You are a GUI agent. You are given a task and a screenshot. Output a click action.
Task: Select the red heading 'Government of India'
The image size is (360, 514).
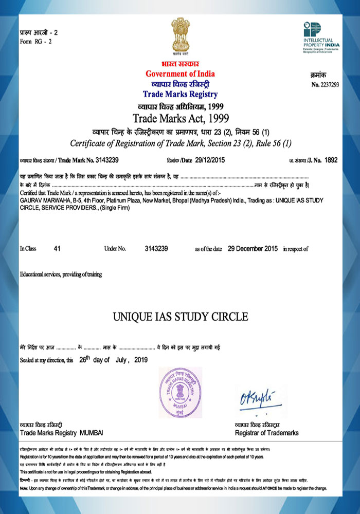click(180, 74)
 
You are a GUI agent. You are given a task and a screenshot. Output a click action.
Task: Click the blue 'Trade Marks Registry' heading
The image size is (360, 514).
click(180, 94)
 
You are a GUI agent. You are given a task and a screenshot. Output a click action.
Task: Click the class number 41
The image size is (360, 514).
click(57, 249)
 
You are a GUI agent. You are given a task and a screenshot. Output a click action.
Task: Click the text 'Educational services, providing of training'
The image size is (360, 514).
click(61, 274)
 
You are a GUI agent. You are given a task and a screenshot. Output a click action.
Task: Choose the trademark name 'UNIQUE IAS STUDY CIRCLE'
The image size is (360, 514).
click(180, 315)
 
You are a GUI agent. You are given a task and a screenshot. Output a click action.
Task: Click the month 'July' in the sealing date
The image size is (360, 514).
click(122, 360)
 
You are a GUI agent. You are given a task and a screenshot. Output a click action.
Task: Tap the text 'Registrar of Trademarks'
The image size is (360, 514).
click(266, 433)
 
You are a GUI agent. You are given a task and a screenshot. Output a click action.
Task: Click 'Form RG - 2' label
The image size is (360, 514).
click(36, 41)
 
